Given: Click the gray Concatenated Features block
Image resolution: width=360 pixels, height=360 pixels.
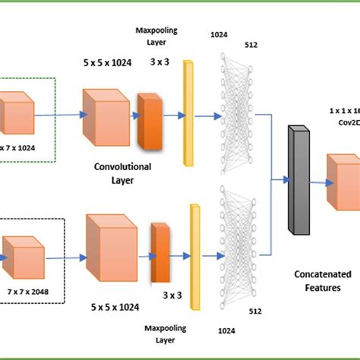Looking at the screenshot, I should (x=295, y=178).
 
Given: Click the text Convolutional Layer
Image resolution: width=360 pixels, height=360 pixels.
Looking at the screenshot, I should (x=122, y=172).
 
